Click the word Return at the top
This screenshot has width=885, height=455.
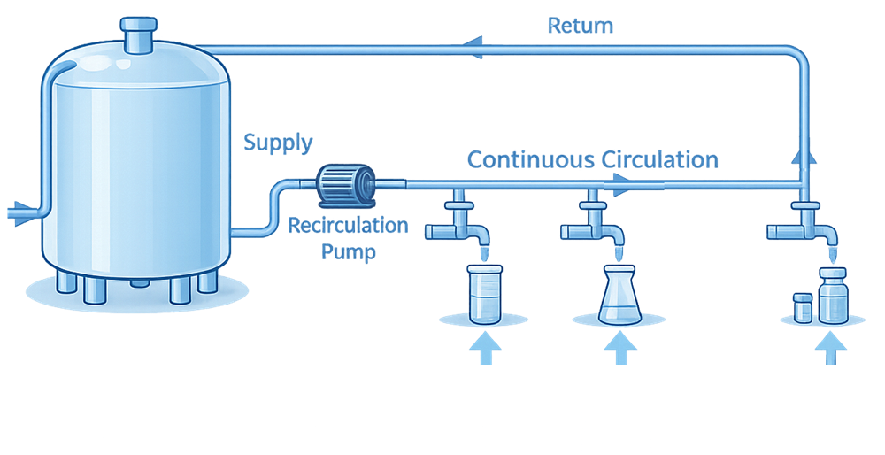click(x=580, y=25)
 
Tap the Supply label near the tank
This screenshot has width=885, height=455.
click(x=277, y=142)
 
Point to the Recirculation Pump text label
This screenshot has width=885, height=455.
click(x=349, y=238)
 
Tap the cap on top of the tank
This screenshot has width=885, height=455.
click(x=138, y=34)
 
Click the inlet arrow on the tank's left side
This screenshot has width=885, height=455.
click(x=19, y=212)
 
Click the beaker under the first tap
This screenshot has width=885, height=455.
click(x=483, y=294)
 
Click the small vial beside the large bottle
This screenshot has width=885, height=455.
click(x=803, y=307)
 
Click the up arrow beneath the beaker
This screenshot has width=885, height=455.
click(x=484, y=347)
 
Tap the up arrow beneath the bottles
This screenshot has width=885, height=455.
click(x=829, y=347)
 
